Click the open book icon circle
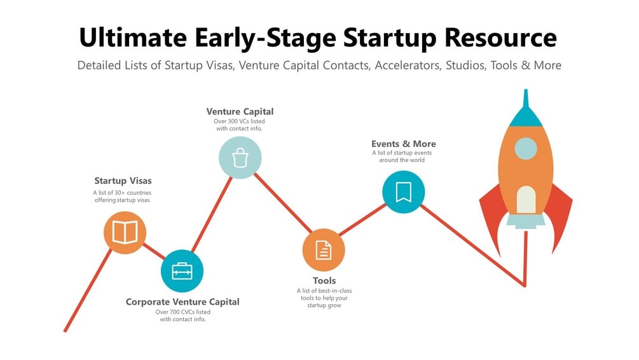[125, 233]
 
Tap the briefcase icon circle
[182, 271]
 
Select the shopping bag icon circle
[240, 157]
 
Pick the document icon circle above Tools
[324, 250]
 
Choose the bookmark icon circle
[404, 192]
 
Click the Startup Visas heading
[123, 181]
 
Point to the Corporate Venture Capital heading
[182, 301]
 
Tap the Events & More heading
[404, 144]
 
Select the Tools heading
[324, 280]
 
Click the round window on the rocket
[526, 148]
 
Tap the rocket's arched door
[526, 200]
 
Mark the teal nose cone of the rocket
[526, 110]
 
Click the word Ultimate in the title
[133, 38]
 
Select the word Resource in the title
[500, 38]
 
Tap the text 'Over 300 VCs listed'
[239, 121]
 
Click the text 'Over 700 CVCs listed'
[183, 312]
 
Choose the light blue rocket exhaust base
[526, 221]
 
